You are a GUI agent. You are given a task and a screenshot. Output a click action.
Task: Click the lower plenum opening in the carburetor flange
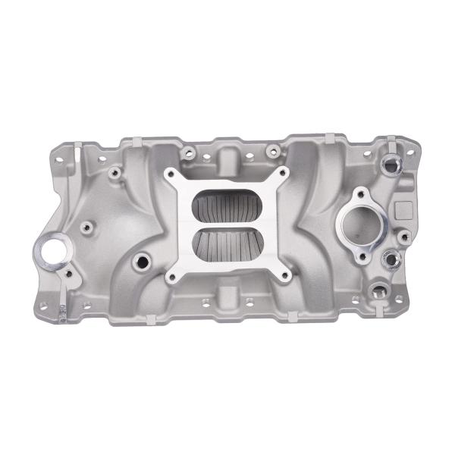pyautogui.click(x=227, y=246)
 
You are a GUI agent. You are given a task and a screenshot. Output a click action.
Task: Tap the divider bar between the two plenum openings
pyautogui.click(x=227, y=225)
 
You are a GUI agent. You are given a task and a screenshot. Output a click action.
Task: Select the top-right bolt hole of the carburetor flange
pyautogui.click(x=283, y=173)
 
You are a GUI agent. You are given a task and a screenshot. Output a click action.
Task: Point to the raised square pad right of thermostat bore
pyautogui.click(x=403, y=208)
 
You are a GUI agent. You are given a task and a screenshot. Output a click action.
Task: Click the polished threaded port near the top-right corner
pyautogui.click(x=392, y=163)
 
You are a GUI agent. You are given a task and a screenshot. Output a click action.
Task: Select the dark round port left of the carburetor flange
pyautogui.click(x=140, y=262)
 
